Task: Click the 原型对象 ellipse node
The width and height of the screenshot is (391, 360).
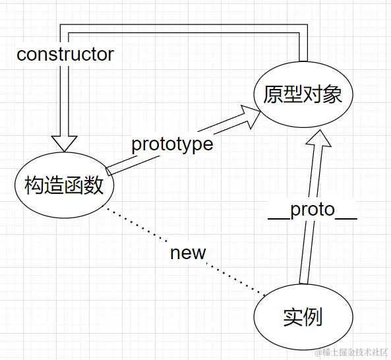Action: (x=303, y=94)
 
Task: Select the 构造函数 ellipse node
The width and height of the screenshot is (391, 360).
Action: (x=65, y=185)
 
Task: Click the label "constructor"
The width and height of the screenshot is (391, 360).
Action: (x=65, y=54)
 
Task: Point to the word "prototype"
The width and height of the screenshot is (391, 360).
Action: (x=172, y=144)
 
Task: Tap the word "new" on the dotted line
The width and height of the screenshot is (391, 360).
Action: (x=187, y=253)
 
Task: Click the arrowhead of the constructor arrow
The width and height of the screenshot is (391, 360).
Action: (x=65, y=143)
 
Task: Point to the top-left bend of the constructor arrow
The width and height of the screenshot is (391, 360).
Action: (x=65, y=28)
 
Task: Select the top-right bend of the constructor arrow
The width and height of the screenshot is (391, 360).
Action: (x=303, y=28)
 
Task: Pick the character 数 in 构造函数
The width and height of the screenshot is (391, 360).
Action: (x=94, y=185)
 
